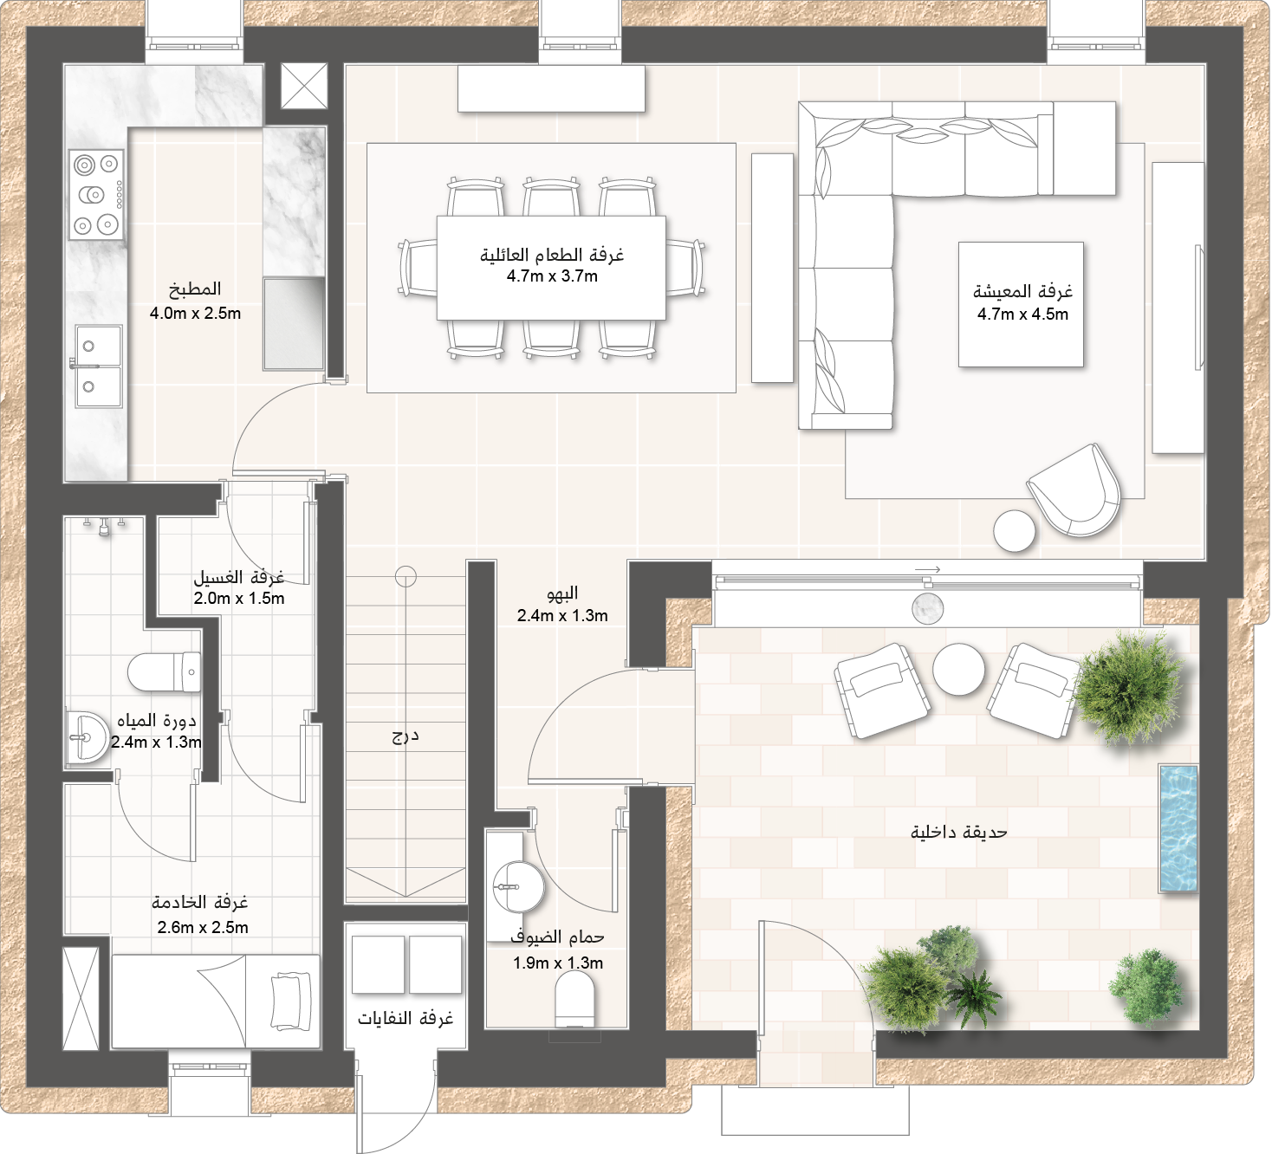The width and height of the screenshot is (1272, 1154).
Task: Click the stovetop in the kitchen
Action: (96, 194)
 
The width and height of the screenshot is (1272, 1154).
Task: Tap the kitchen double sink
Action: (98, 366)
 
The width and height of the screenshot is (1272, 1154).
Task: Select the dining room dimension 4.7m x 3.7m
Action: (552, 276)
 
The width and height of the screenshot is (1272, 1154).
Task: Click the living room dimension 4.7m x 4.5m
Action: (1022, 314)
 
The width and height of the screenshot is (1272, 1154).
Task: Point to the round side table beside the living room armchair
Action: (1014, 531)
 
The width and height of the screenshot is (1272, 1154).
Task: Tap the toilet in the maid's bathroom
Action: (164, 671)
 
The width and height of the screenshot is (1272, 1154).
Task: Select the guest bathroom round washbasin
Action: (518, 885)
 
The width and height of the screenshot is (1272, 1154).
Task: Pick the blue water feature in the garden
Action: (1178, 828)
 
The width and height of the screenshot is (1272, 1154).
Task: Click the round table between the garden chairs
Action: (958, 669)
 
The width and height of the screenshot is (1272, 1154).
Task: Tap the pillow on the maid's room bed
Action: (291, 1002)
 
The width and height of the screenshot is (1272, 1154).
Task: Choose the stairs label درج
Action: (405, 736)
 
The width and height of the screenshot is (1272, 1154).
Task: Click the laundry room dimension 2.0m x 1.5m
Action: (239, 598)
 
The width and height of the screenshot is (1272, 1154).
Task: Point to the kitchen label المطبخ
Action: (195, 289)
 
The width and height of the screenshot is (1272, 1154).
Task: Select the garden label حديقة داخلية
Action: (958, 831)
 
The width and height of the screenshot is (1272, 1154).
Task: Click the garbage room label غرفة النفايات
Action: (406, 1018)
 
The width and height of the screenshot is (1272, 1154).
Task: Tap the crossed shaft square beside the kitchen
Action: (304, 86)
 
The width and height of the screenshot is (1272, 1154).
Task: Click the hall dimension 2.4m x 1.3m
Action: (562, 615)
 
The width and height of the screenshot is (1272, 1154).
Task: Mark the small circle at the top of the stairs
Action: (406, 576)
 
